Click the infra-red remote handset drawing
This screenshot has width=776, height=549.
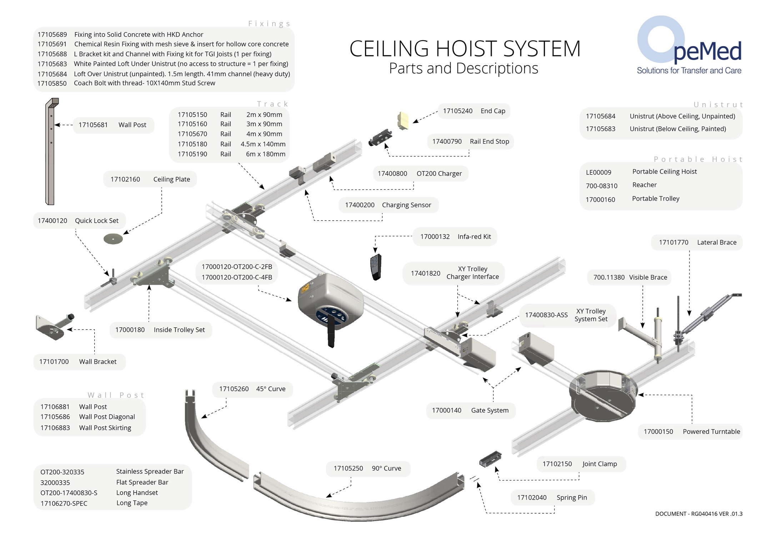376,267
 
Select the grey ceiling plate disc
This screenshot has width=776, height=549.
113,239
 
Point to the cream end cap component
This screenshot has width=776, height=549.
403,120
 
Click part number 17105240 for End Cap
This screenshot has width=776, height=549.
457,111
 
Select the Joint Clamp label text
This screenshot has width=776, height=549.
600,464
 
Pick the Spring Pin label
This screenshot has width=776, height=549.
572,498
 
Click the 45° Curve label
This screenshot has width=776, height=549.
271,389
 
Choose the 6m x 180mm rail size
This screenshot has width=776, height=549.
266,154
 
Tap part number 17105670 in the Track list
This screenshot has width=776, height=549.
192,134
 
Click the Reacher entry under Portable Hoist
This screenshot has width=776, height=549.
645,185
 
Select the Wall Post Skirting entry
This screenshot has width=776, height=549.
105,428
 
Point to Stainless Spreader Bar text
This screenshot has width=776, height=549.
150,471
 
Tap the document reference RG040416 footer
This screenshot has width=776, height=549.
699,514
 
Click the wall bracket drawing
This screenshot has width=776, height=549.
54,326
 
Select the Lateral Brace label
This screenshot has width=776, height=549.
717,242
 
